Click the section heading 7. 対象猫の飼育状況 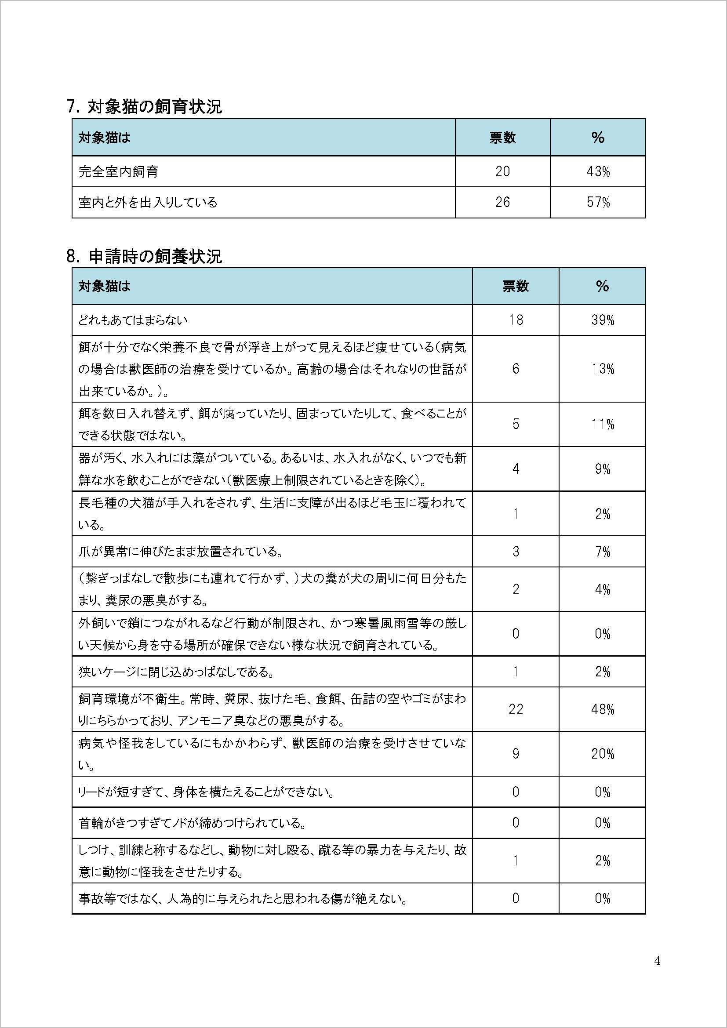point(144,106)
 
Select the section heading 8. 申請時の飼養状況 point(144,257)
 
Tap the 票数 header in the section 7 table point(502,138)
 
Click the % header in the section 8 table point(602,286)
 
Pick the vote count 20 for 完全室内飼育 point(502,171)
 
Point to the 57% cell point(598,202)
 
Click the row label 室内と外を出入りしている point(148,202)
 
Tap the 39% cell point(602,320)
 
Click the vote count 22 point(516,709)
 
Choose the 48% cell point(602,709)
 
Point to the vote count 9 point(516,754)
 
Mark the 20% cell point(602,754)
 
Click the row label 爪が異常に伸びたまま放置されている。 point(180,551)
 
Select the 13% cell point(602,368)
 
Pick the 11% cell point(602,424)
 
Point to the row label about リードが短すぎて point(207,792)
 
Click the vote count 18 point(516,320)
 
